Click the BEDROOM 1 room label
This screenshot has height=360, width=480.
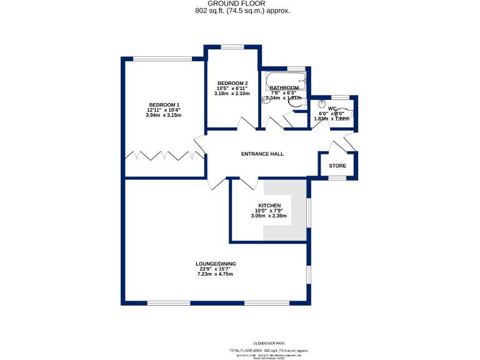pos(164,104)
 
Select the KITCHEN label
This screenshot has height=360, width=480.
pos(269,206)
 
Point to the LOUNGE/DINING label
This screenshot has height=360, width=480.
pos(215,264)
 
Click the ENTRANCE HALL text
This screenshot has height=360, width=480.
pos(262,154)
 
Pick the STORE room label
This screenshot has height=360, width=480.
pos(337,166)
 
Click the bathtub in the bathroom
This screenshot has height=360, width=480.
pos(285,80)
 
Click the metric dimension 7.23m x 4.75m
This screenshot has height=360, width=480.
pos(215,274)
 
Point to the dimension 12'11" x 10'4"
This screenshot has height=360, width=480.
pos(164,110)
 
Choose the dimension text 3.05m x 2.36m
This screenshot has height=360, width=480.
pos(269,216)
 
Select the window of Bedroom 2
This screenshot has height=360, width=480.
pos(232,47)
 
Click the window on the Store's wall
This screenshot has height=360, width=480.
pos(337,178)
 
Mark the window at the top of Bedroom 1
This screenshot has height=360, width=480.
pos(164,59)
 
